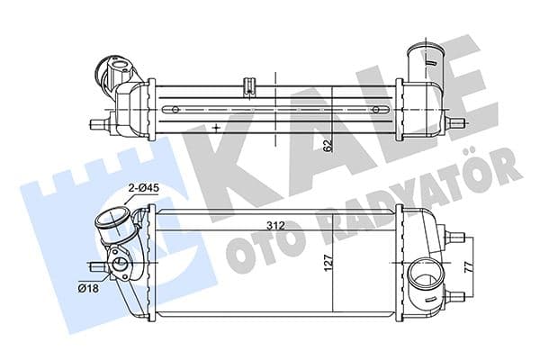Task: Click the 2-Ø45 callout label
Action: pyautogui.click(x=142, y=187)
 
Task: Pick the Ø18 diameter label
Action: pyautogui.click(x=88, y=288)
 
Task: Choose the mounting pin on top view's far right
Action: pyautogui.click(x=461, y=122)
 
